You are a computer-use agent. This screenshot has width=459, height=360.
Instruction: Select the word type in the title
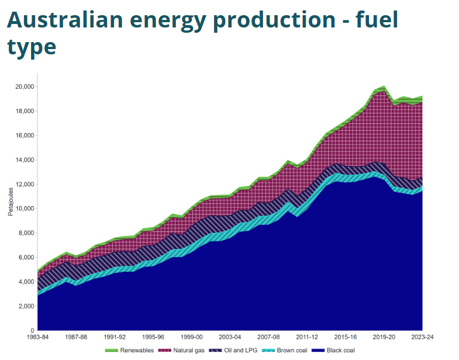tap(32, 47)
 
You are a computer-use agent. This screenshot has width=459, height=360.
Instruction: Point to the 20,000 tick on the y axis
tap(24, 86)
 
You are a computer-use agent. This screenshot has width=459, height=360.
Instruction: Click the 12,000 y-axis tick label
tap(24, 184)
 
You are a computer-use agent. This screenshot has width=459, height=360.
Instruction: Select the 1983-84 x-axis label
tap(38, 337)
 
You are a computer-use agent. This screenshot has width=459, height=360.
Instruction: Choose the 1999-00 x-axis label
tap(192, 337)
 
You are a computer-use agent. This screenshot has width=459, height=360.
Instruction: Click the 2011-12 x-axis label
tap(307, 337)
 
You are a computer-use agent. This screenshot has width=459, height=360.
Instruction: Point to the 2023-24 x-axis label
tap(422, 337)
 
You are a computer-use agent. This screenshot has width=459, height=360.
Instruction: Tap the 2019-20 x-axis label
tap(384, 337)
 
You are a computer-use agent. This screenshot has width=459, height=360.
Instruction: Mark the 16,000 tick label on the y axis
tap(24, 136)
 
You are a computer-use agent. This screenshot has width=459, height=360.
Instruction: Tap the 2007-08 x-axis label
tap(268, 337)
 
